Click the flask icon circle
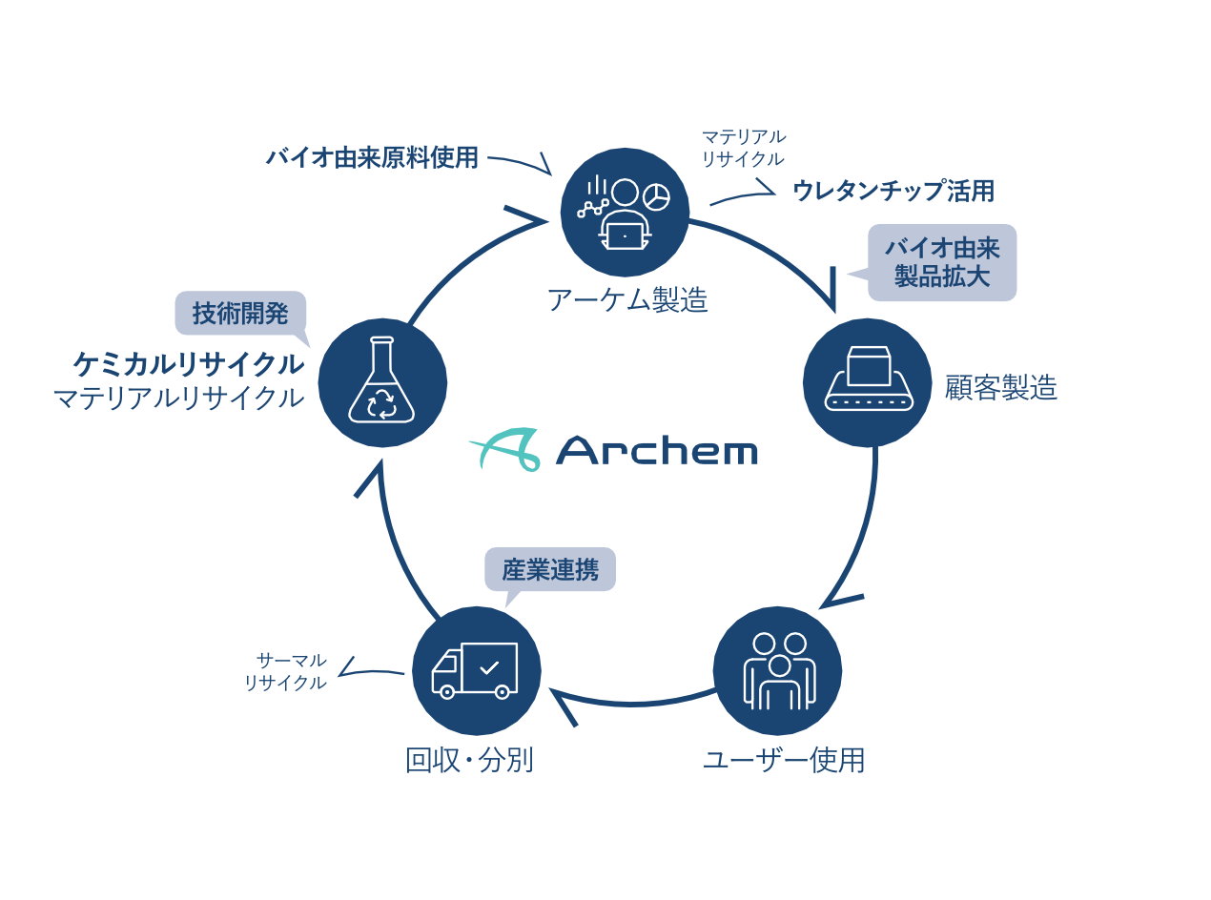point(382,382)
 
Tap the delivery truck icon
point(476,670)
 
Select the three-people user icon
point(778,670)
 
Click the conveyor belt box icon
point(868,382)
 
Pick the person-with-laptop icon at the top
point(625,214)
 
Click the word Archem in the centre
point(657,450)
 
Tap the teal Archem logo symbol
point(505,449)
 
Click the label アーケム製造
point(627,300)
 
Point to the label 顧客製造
point(1001,387)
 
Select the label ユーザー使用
point(784,761)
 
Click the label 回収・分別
point(469,761)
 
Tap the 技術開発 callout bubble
point(240,314)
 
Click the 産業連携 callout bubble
point(550,570)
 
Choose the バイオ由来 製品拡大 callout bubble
point(942,262)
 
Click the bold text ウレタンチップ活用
point(893,192)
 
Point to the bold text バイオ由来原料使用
point(372,157)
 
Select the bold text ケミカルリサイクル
point(189,364)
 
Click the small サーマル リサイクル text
point(286,671)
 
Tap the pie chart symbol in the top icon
point(656,197)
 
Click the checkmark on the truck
point(489,667)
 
